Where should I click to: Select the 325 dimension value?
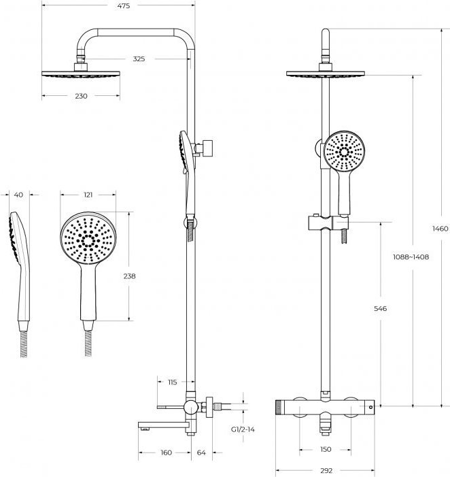(x=139, y=59)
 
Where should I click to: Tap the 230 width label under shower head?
(x=81, y=97)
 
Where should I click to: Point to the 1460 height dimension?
(x=440, y=229)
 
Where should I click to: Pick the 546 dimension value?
(x=380, y=309)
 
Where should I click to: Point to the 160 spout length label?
(x=166, y=453)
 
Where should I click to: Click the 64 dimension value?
(x=201, y=453)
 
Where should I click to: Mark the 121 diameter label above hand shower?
(x=88, y=195)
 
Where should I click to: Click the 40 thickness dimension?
(x=18, y=195)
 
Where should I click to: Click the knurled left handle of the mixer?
(x=281, y=408)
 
